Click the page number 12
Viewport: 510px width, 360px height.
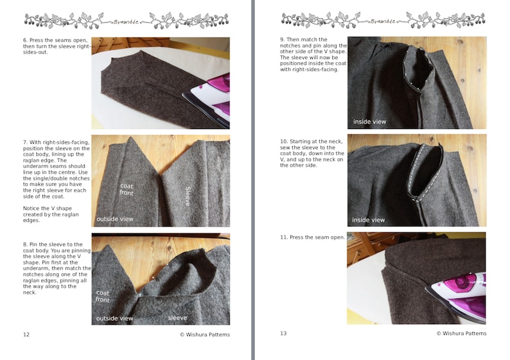(26, 334)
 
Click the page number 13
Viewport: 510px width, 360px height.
(283, 334)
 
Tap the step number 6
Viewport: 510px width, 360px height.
(24, 40)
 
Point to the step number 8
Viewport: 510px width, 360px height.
(24, 244)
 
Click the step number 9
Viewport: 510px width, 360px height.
(281, 40)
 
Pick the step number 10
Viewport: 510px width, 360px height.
(283, 141)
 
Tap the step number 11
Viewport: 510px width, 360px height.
(283, 237)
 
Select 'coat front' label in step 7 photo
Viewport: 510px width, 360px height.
(127, 190)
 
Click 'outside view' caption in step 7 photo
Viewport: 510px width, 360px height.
(115, 219)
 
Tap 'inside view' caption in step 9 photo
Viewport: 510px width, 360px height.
(369, 121)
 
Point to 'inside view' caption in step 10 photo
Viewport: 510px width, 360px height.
(369, 220)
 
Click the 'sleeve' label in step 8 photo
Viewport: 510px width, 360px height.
(177, 318)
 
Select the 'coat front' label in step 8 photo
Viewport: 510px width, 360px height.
(103, 296)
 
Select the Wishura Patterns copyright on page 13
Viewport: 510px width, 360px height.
(461, 334)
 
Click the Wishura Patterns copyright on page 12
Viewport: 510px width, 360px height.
(204, 334)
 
